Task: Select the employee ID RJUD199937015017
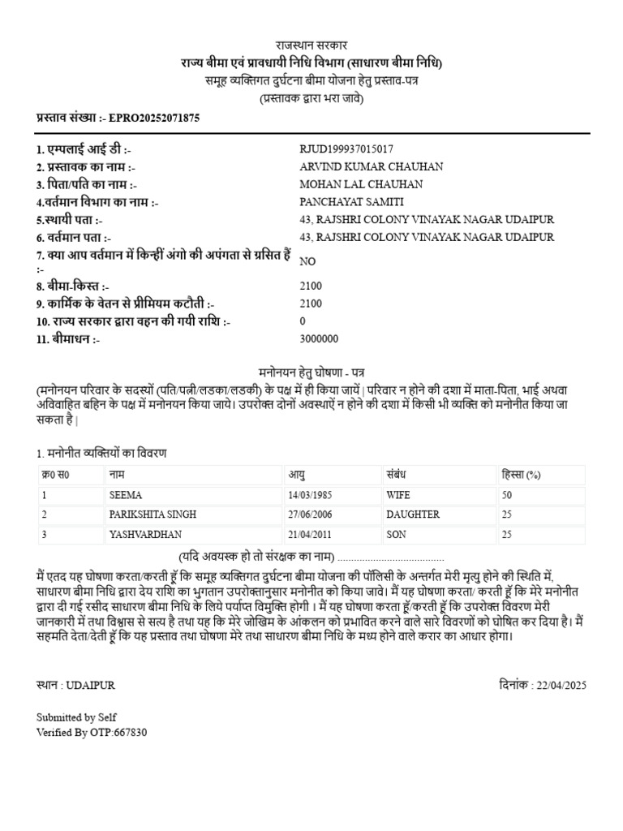(346, 149)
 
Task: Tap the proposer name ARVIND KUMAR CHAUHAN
(372, 167)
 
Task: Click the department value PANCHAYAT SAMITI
(351, 202)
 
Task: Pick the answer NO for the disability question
(307, 261)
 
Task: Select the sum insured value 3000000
(320, 339)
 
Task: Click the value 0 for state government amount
(303, 321)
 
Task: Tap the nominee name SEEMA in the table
(124, 494)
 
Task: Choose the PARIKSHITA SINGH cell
(153, 515)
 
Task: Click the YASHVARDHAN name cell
(146, 535)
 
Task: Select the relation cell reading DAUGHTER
(413, 515)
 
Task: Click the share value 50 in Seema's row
(507, 494)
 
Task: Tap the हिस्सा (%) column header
(522, 475)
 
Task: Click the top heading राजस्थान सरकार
(311, 46)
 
